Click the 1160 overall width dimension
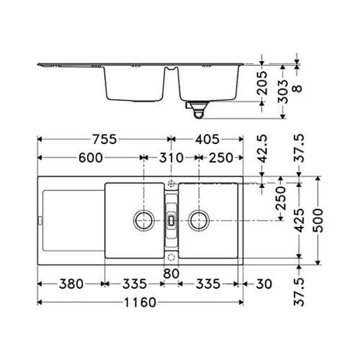coord(140,302)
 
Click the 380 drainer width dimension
coord(71,284)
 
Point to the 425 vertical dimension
coord(299,221)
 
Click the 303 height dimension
coord(282,92)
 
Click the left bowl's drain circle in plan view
coord(144,220)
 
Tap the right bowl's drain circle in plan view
coord(199,220)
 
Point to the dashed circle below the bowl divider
coord(172,257)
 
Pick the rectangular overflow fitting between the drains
coord(172,220)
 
